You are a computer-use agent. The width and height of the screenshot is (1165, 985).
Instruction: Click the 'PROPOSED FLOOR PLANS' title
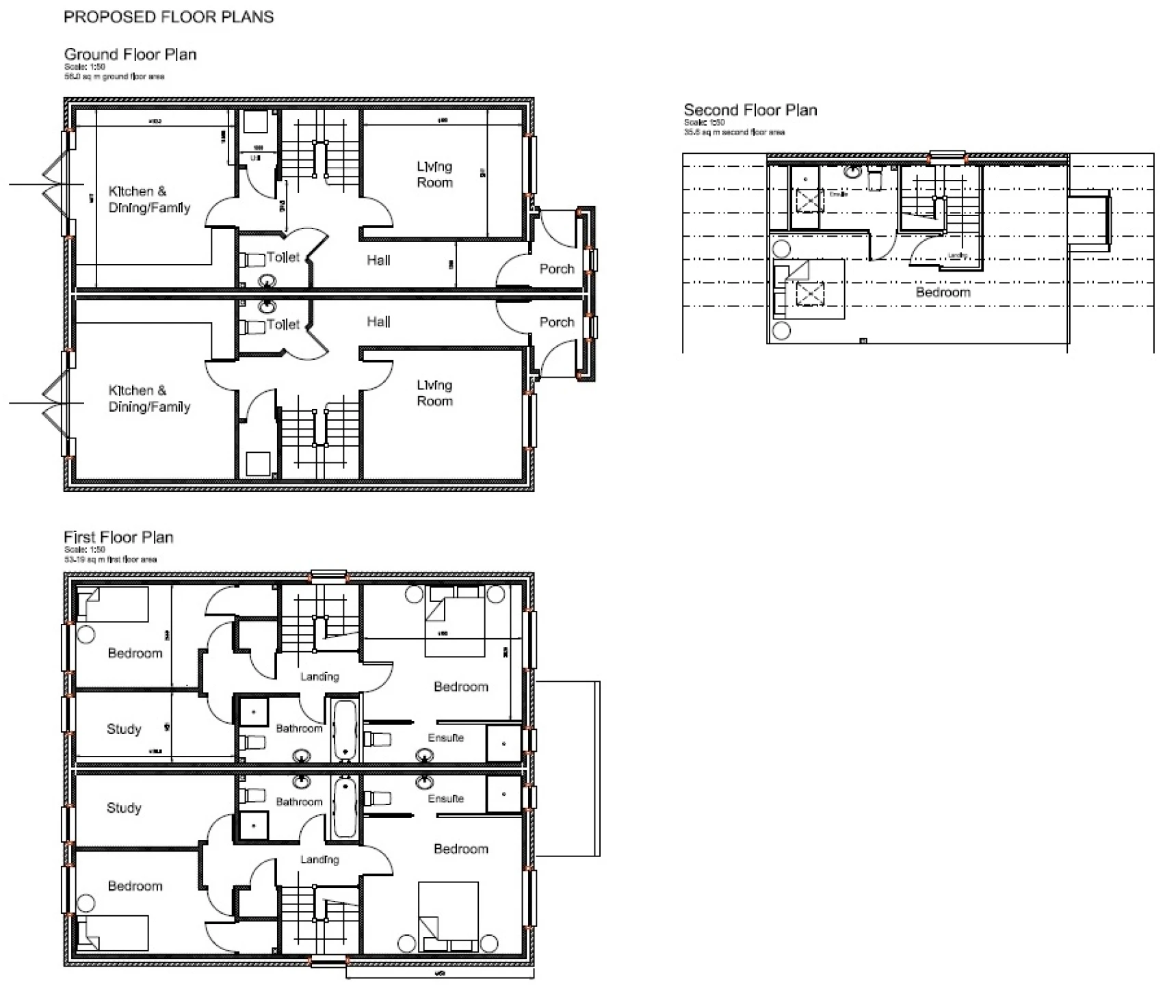pos(168,17)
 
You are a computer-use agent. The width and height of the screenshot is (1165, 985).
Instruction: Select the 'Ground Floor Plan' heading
pos(130,54)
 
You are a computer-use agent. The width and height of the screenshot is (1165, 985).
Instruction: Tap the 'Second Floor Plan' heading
pos(750,110)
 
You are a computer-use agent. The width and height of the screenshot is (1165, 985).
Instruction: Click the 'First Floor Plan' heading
pos(118,537)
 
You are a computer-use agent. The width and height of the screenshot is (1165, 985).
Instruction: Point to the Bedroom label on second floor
pos(943,292)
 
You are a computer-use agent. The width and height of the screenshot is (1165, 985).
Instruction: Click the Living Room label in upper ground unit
pos(434,174)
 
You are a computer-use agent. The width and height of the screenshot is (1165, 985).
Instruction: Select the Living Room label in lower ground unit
pos(434,393)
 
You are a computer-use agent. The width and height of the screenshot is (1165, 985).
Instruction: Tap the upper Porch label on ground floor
pos(556,269)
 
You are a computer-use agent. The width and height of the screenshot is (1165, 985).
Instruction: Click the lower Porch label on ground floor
pos(556,321)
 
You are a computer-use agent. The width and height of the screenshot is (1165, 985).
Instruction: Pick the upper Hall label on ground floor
pos(378,260)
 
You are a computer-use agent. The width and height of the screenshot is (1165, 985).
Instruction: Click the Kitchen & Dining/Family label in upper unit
pos(149,199)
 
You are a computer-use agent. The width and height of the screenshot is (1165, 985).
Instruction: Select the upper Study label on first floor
pos(124,729)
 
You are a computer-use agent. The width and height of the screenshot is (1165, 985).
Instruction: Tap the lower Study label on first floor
pos(124,808)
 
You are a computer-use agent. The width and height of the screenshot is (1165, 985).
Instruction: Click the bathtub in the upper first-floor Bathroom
pos(345,729)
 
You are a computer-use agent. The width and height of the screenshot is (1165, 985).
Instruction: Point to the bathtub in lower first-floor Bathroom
pos(345,807)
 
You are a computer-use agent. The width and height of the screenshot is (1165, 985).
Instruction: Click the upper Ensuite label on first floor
pos(445,737)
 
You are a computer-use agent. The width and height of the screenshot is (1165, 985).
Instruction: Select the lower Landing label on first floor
pos(319,859)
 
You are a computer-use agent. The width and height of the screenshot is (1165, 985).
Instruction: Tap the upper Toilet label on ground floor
pos(283,257)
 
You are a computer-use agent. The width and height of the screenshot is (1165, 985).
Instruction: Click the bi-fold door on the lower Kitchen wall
pos(55,404)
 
